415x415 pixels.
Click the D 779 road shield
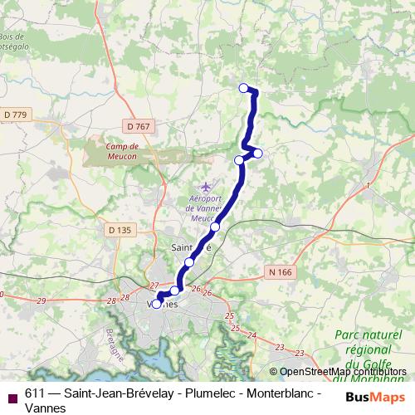tap(16, 114)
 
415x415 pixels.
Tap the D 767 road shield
tap(140, 126)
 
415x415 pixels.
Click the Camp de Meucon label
tap(127, 147)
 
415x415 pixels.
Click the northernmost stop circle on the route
tap(243, 88)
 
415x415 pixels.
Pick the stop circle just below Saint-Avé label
tap(189, 262)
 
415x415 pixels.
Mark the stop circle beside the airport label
tap(215, 227)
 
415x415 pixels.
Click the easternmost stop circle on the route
tap(258, 153)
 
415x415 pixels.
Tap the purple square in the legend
tap(12, 397)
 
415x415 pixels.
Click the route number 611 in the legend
tap(36, 394)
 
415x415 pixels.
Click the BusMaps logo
tap(374, 397)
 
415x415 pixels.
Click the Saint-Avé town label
tap(191, 247)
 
